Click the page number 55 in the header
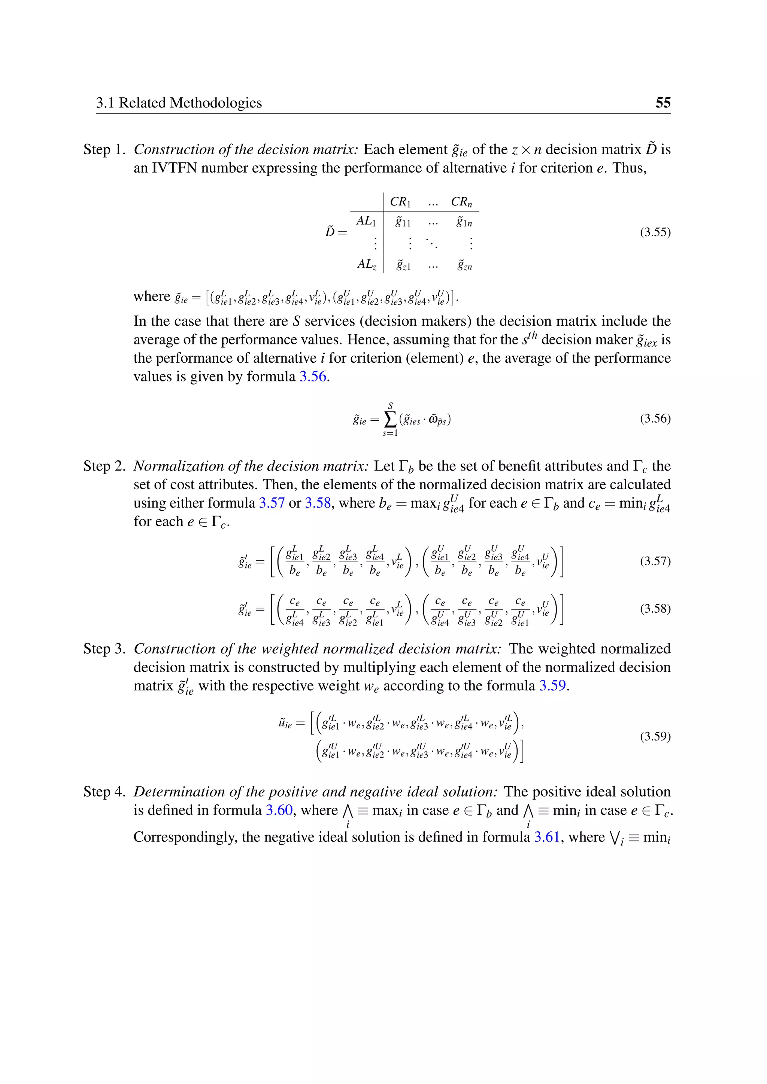(663, 103)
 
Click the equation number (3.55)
(655, 232)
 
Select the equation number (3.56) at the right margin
(655, 419)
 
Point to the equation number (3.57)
(655, 561)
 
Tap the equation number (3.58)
(655, 609)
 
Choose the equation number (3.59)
(655, 737)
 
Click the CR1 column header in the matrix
(400, 202)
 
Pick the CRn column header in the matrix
(461, 202)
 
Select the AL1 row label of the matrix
(366, 221)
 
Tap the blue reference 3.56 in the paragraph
(313, 377)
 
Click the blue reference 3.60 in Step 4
(279, 810)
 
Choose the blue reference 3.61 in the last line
(546, 837)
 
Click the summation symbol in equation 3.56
(390, 419)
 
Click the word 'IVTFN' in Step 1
(174, 168)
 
